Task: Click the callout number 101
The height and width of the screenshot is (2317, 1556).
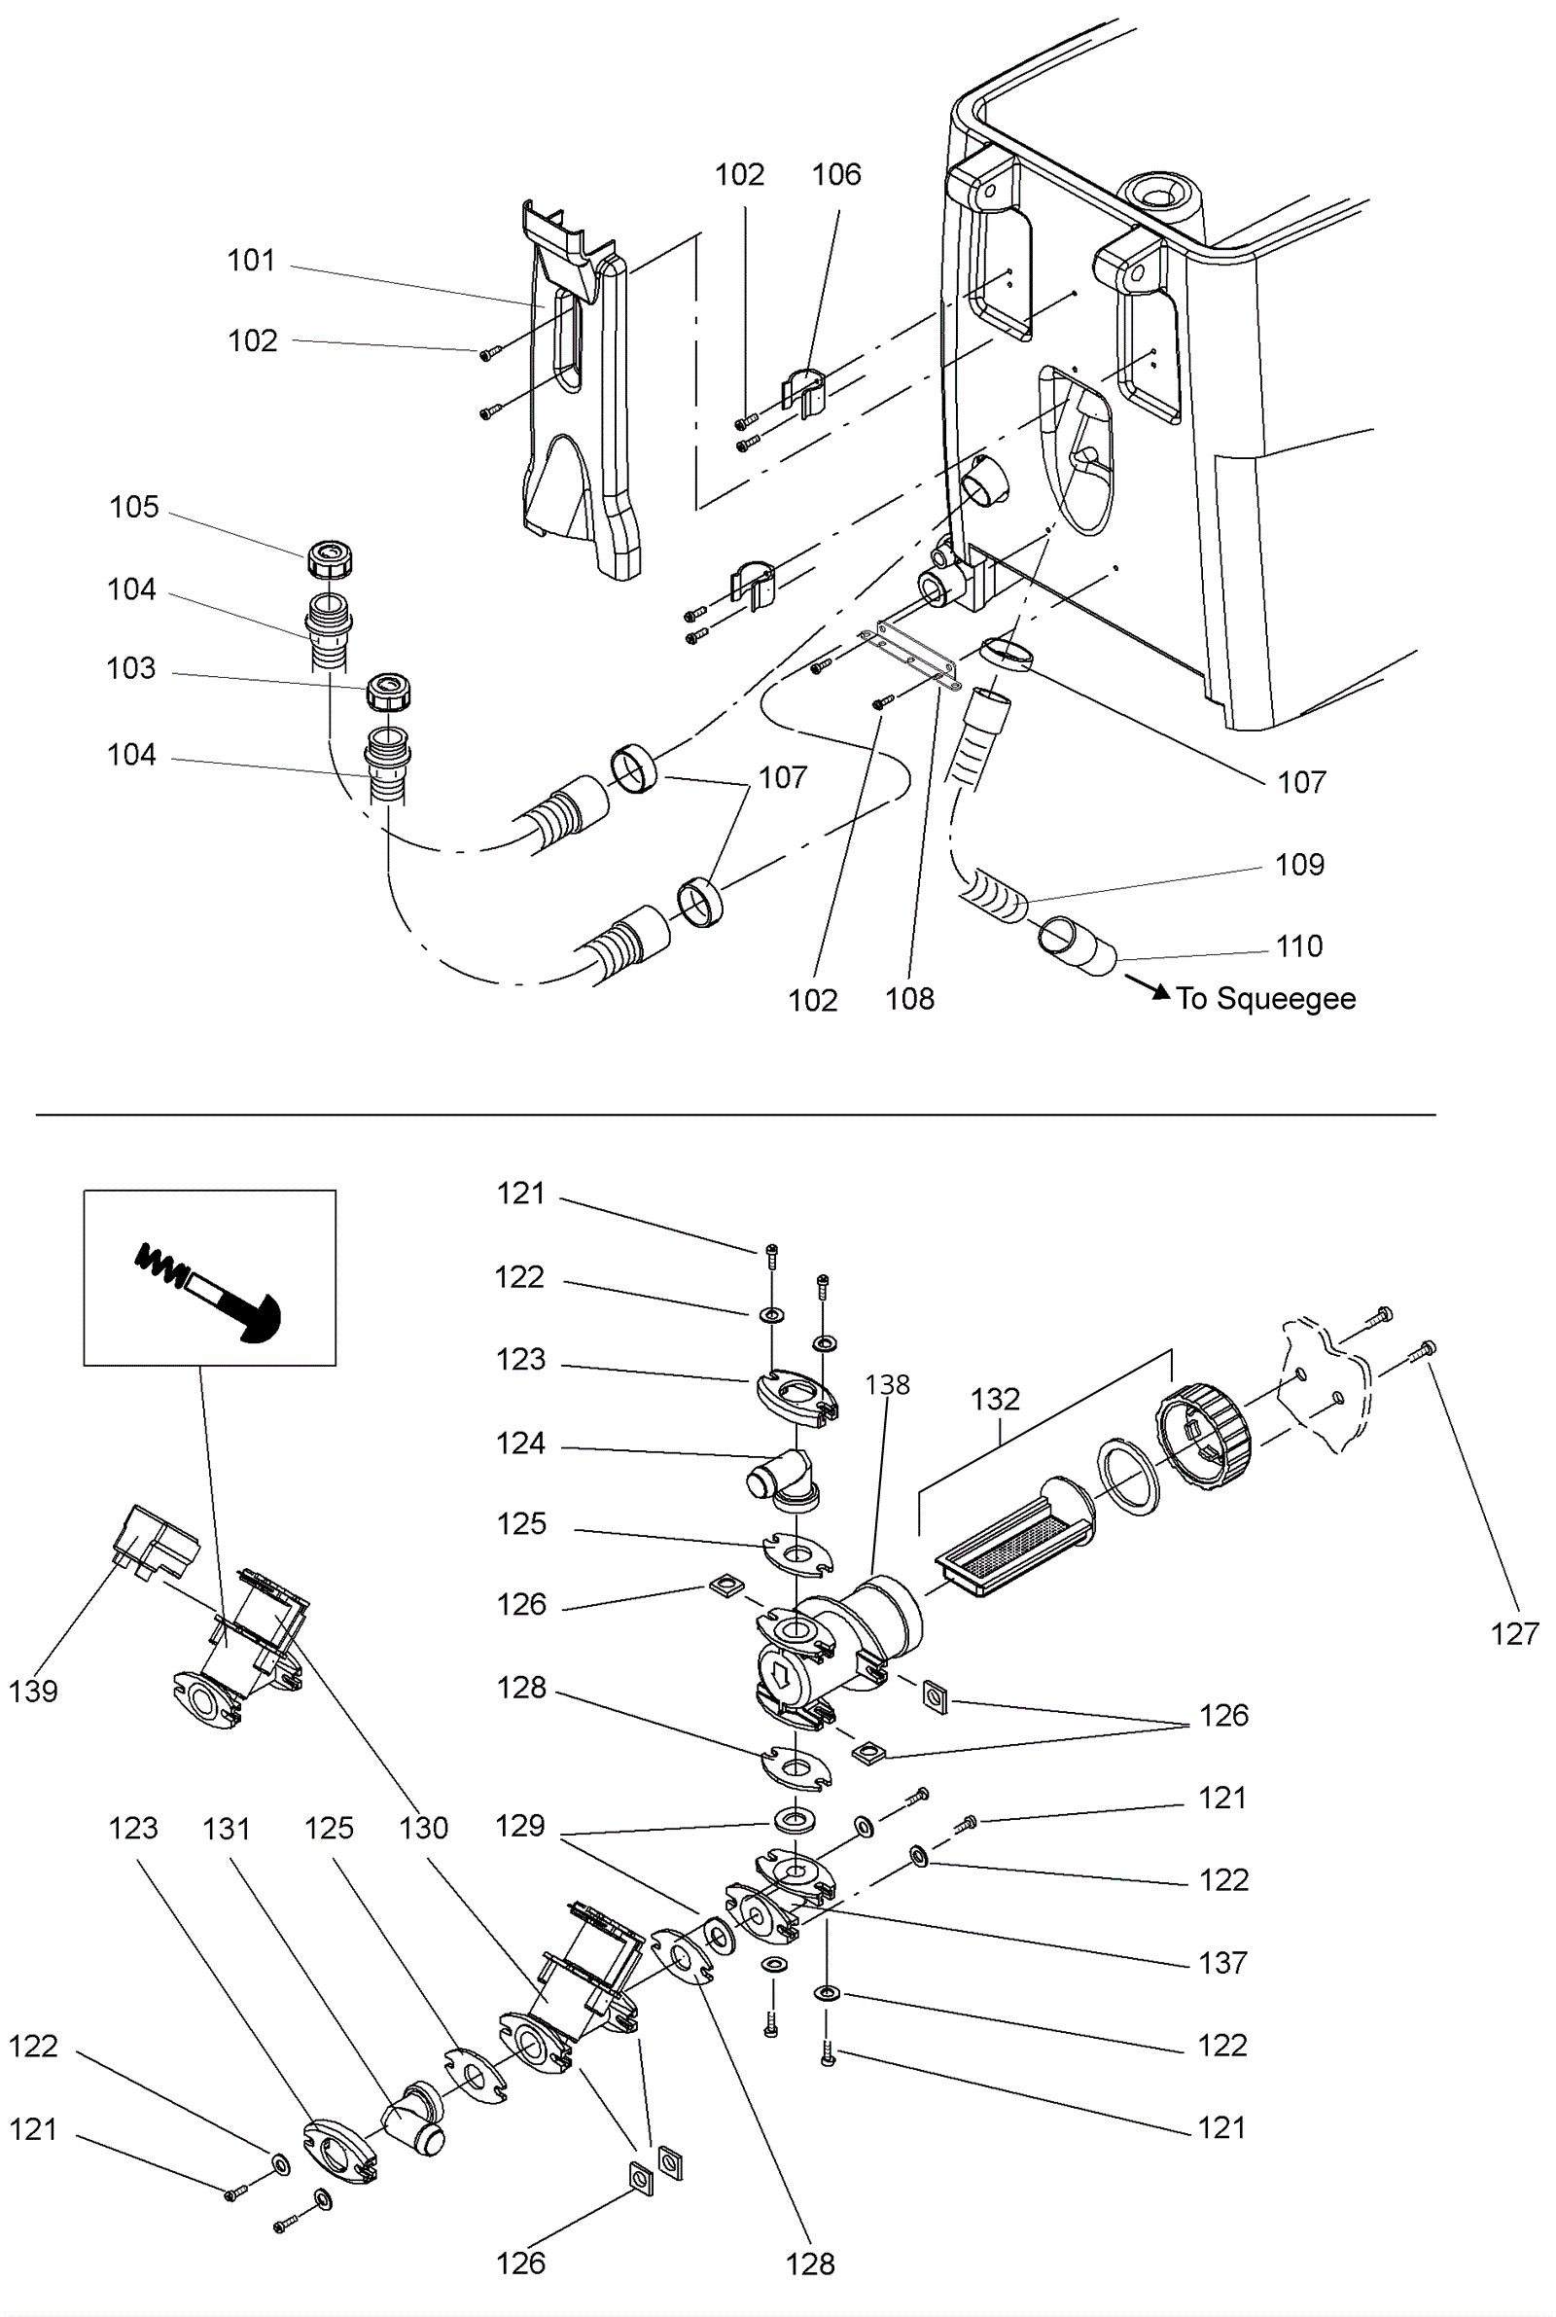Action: [251, 261]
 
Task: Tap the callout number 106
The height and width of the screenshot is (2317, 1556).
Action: [836, 176]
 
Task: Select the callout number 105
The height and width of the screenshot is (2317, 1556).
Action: [134, 507]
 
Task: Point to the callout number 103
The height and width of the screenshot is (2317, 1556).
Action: [131, 669]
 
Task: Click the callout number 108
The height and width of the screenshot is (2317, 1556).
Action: [910, 999]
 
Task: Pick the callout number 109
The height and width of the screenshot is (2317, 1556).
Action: [1300, 866]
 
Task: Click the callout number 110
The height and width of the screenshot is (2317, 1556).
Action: [1300, 946]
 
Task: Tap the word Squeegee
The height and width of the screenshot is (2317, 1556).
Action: [1286, 998]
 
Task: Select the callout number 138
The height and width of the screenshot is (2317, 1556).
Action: [887, 1385]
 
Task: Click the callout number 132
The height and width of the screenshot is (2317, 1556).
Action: [995, 1400]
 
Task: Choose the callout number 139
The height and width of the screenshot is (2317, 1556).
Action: [34, 1692]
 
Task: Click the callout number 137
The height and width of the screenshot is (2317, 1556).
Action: [1222, 1963]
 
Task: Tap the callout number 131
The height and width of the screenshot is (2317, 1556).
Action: [227, 1829]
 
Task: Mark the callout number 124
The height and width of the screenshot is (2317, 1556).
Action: [521, 1444]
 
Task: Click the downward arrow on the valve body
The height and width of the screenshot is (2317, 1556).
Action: [781, 1676]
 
